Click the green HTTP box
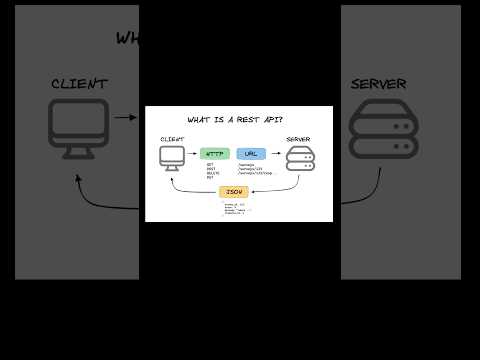215,154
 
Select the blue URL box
251,154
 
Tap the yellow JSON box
234,190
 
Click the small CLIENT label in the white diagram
172,138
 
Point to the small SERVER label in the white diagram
298,138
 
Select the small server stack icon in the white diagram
300,157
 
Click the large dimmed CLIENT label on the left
78,84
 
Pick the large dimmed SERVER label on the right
378,84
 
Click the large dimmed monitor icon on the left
78,128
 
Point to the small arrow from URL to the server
275,155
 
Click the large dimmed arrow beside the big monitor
126,117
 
